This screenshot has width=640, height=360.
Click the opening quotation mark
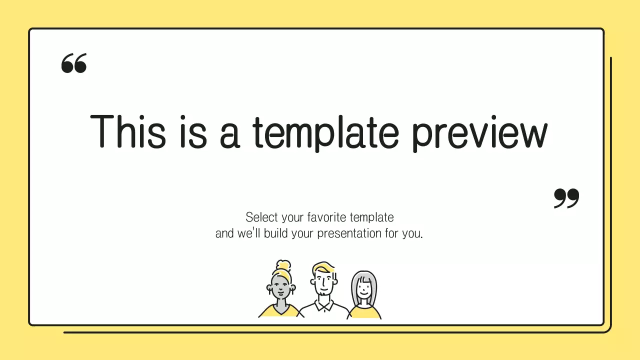pos(74,63)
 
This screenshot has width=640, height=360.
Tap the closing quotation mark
pos(566,198)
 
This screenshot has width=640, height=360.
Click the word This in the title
pos(127,131)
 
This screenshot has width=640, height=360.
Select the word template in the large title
pos(325,132)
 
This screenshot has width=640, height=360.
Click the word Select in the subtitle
pos(261,217)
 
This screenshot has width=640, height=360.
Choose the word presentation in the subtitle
pos(349,233)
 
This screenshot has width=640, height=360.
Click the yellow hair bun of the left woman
pos(283,265)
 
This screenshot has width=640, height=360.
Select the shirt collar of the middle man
pos(324,304)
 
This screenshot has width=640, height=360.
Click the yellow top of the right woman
pos(364,313)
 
